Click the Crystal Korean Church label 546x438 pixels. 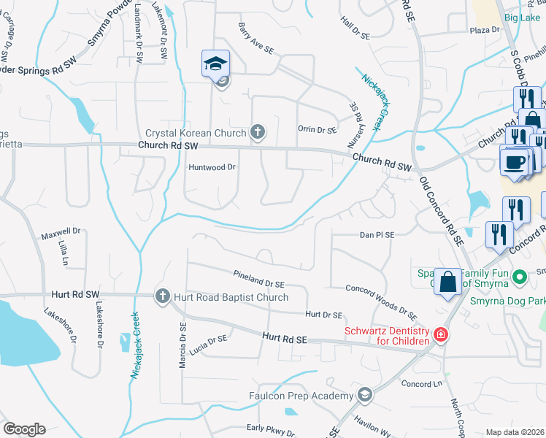[x=195, y=133]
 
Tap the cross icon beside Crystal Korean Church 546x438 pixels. [x=257, y=132]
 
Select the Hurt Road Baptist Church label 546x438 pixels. [x=231, y=297]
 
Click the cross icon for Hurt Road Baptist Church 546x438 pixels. [x=163, y=296]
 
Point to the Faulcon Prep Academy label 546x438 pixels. [x=299, y=396]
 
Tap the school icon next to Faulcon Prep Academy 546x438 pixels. [x=364, y=396]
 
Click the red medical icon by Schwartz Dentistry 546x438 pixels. [x=441, y=335]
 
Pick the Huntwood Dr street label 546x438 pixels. [x=212, y=167]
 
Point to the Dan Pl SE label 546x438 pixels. [x=377, y=235]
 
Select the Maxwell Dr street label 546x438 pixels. [x=58, y=237]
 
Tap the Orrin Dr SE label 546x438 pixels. [x=317, y=129]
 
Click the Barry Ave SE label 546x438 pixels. [x=255, y=38]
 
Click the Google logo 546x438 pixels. [x=24, y=429]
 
